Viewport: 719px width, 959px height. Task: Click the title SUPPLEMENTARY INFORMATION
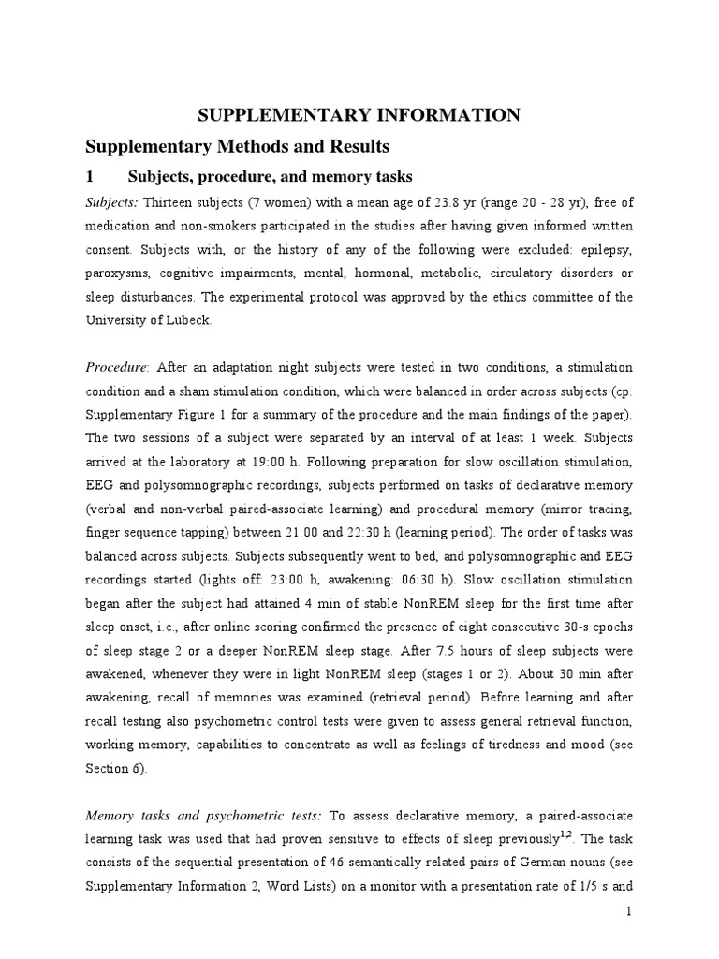tap(359, 115)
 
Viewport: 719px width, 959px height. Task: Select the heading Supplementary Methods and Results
tap(237, 147)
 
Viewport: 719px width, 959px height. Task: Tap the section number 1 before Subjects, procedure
tap(90, 177)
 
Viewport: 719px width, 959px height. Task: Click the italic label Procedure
tap(116, 367)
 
